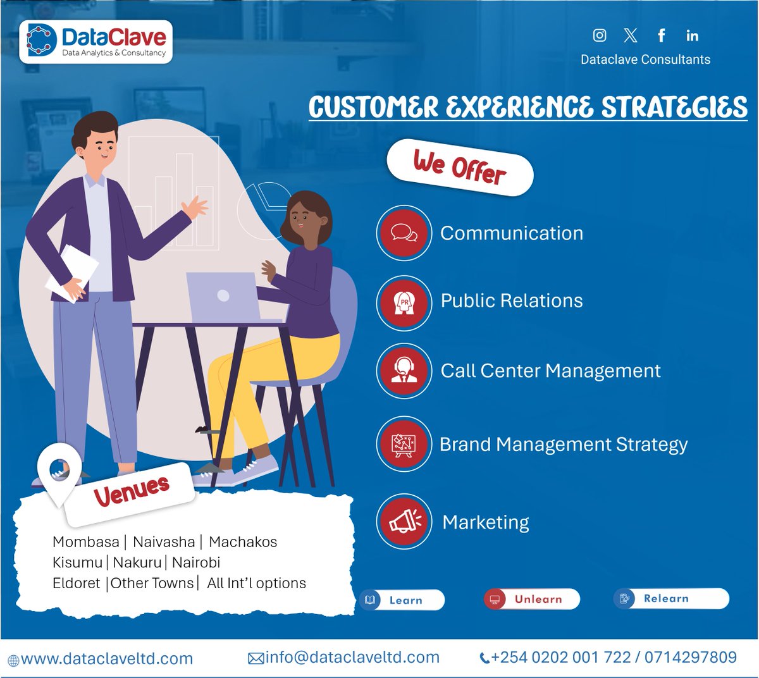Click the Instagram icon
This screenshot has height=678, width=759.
600,35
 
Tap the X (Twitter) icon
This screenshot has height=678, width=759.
630,35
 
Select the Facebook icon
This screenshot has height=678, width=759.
661,35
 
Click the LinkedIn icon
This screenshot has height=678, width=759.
692,35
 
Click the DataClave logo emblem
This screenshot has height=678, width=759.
42,40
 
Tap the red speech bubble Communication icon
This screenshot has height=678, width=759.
404,233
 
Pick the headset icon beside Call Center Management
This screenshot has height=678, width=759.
404,370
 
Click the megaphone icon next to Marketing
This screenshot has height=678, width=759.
404,522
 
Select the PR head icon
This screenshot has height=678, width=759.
404,302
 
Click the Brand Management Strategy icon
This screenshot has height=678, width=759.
404,444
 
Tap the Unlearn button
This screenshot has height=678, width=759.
531,599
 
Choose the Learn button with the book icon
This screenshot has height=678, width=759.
402,600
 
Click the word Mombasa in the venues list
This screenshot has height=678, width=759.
86,542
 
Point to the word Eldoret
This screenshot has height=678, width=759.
77,583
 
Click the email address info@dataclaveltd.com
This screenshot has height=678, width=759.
352,658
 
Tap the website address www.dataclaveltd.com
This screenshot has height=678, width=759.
106,659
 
